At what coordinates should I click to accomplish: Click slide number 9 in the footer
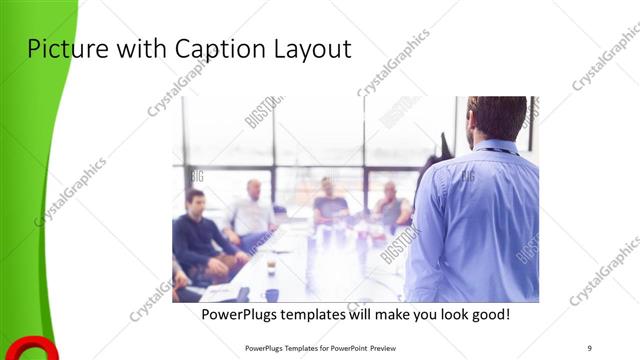[590, 348]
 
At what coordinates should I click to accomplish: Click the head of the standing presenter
[497, 117]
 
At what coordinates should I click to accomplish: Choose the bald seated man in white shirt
[251, 210]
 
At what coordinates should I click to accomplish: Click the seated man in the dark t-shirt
[328, 204]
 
